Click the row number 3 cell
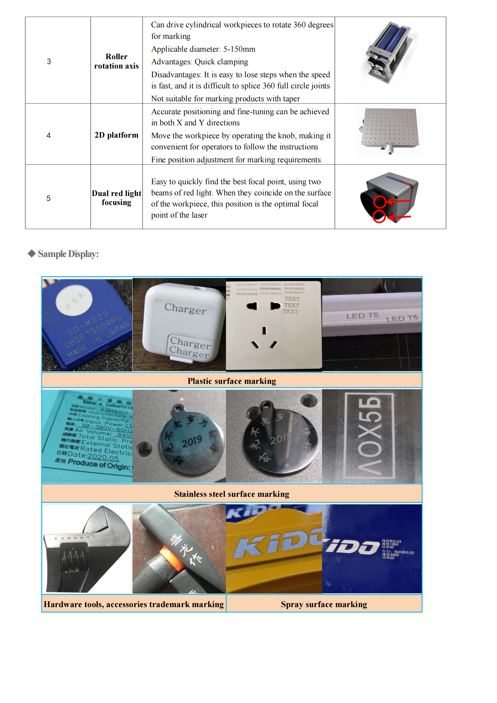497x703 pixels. (49, 62)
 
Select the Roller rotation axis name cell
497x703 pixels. (116, 61)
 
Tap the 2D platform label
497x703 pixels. (116, 135)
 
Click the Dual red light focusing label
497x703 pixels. (116, 198)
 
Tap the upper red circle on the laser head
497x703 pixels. (380, 202)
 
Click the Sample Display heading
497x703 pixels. (68, 254)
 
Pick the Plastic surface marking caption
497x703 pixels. (232, 381)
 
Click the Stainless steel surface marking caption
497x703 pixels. (232, 494)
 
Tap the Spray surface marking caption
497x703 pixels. (324, 604)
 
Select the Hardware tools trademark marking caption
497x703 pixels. (134, 604)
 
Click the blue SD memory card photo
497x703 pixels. (87, 325)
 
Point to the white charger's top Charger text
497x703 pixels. (185, 308)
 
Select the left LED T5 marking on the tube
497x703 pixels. (362, 316)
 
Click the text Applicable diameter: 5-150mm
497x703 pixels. (203, 49)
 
